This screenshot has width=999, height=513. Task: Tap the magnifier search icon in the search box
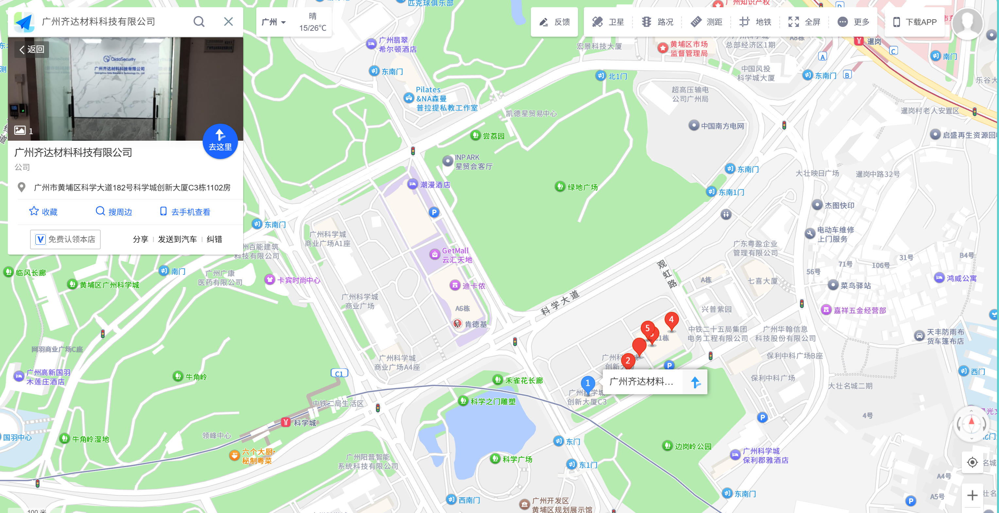click(x=199, y=21)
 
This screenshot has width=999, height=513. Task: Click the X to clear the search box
click(x=229, y=21)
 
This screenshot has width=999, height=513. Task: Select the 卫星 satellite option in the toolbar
click(x=608, y=22)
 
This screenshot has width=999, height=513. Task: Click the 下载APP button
click(x=914, y=22)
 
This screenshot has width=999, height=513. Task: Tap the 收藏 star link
click(x=43, y=211)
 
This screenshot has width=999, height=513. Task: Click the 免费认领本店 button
click(x=65, y=239)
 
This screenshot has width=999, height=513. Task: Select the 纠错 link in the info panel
click(x=214, y=239)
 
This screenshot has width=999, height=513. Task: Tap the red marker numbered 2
click(x=627, y=361)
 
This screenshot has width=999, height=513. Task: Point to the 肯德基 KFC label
click(x=475, y=324)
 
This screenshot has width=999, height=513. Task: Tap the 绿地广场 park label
click(x=582, y=187)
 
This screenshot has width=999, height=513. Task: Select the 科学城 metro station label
click(x=304, y=423)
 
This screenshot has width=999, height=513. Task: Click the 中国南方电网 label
click(x=722, y=126)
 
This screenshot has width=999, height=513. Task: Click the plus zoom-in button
click(x=972, y=495)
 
